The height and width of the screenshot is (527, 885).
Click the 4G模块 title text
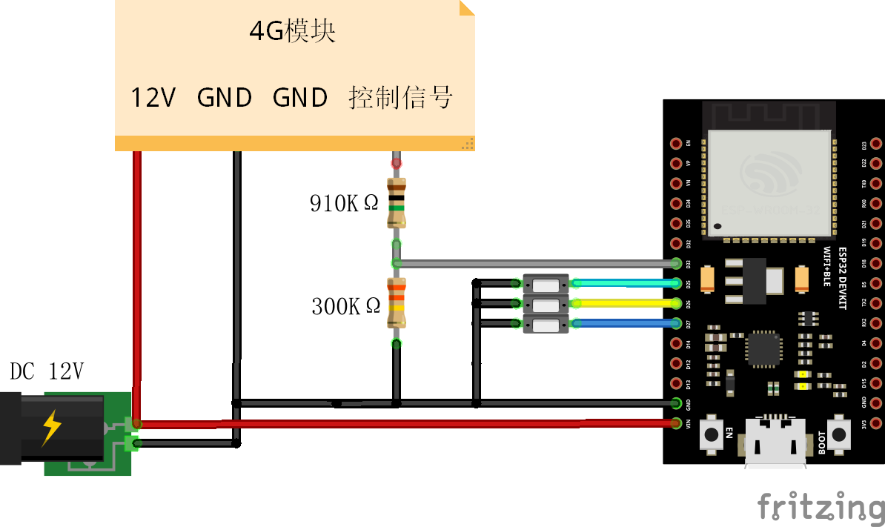click(293, 32)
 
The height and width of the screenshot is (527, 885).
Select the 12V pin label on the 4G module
click(153, 98)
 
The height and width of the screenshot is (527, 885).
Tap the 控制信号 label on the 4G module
click(400, 98)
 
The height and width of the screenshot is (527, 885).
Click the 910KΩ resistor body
click(397, 202)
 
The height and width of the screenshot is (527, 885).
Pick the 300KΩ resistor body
click(397, 302)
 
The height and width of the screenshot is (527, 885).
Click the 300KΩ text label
click(345, 306)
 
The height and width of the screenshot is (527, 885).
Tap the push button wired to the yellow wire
click(546, 303)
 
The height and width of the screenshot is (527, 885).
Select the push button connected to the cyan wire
click(546, 283)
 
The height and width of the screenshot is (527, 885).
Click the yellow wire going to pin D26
click(623, 303)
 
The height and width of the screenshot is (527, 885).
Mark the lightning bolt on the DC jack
click(52, 428)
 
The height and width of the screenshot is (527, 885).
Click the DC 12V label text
click(46, 372)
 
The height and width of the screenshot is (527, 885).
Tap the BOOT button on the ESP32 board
click(839, 434)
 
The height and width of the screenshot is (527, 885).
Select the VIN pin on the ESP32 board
click(676, 424)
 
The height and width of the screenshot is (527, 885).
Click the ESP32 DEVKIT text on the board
click(842, 278)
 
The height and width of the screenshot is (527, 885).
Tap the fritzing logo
click(821, 508)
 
